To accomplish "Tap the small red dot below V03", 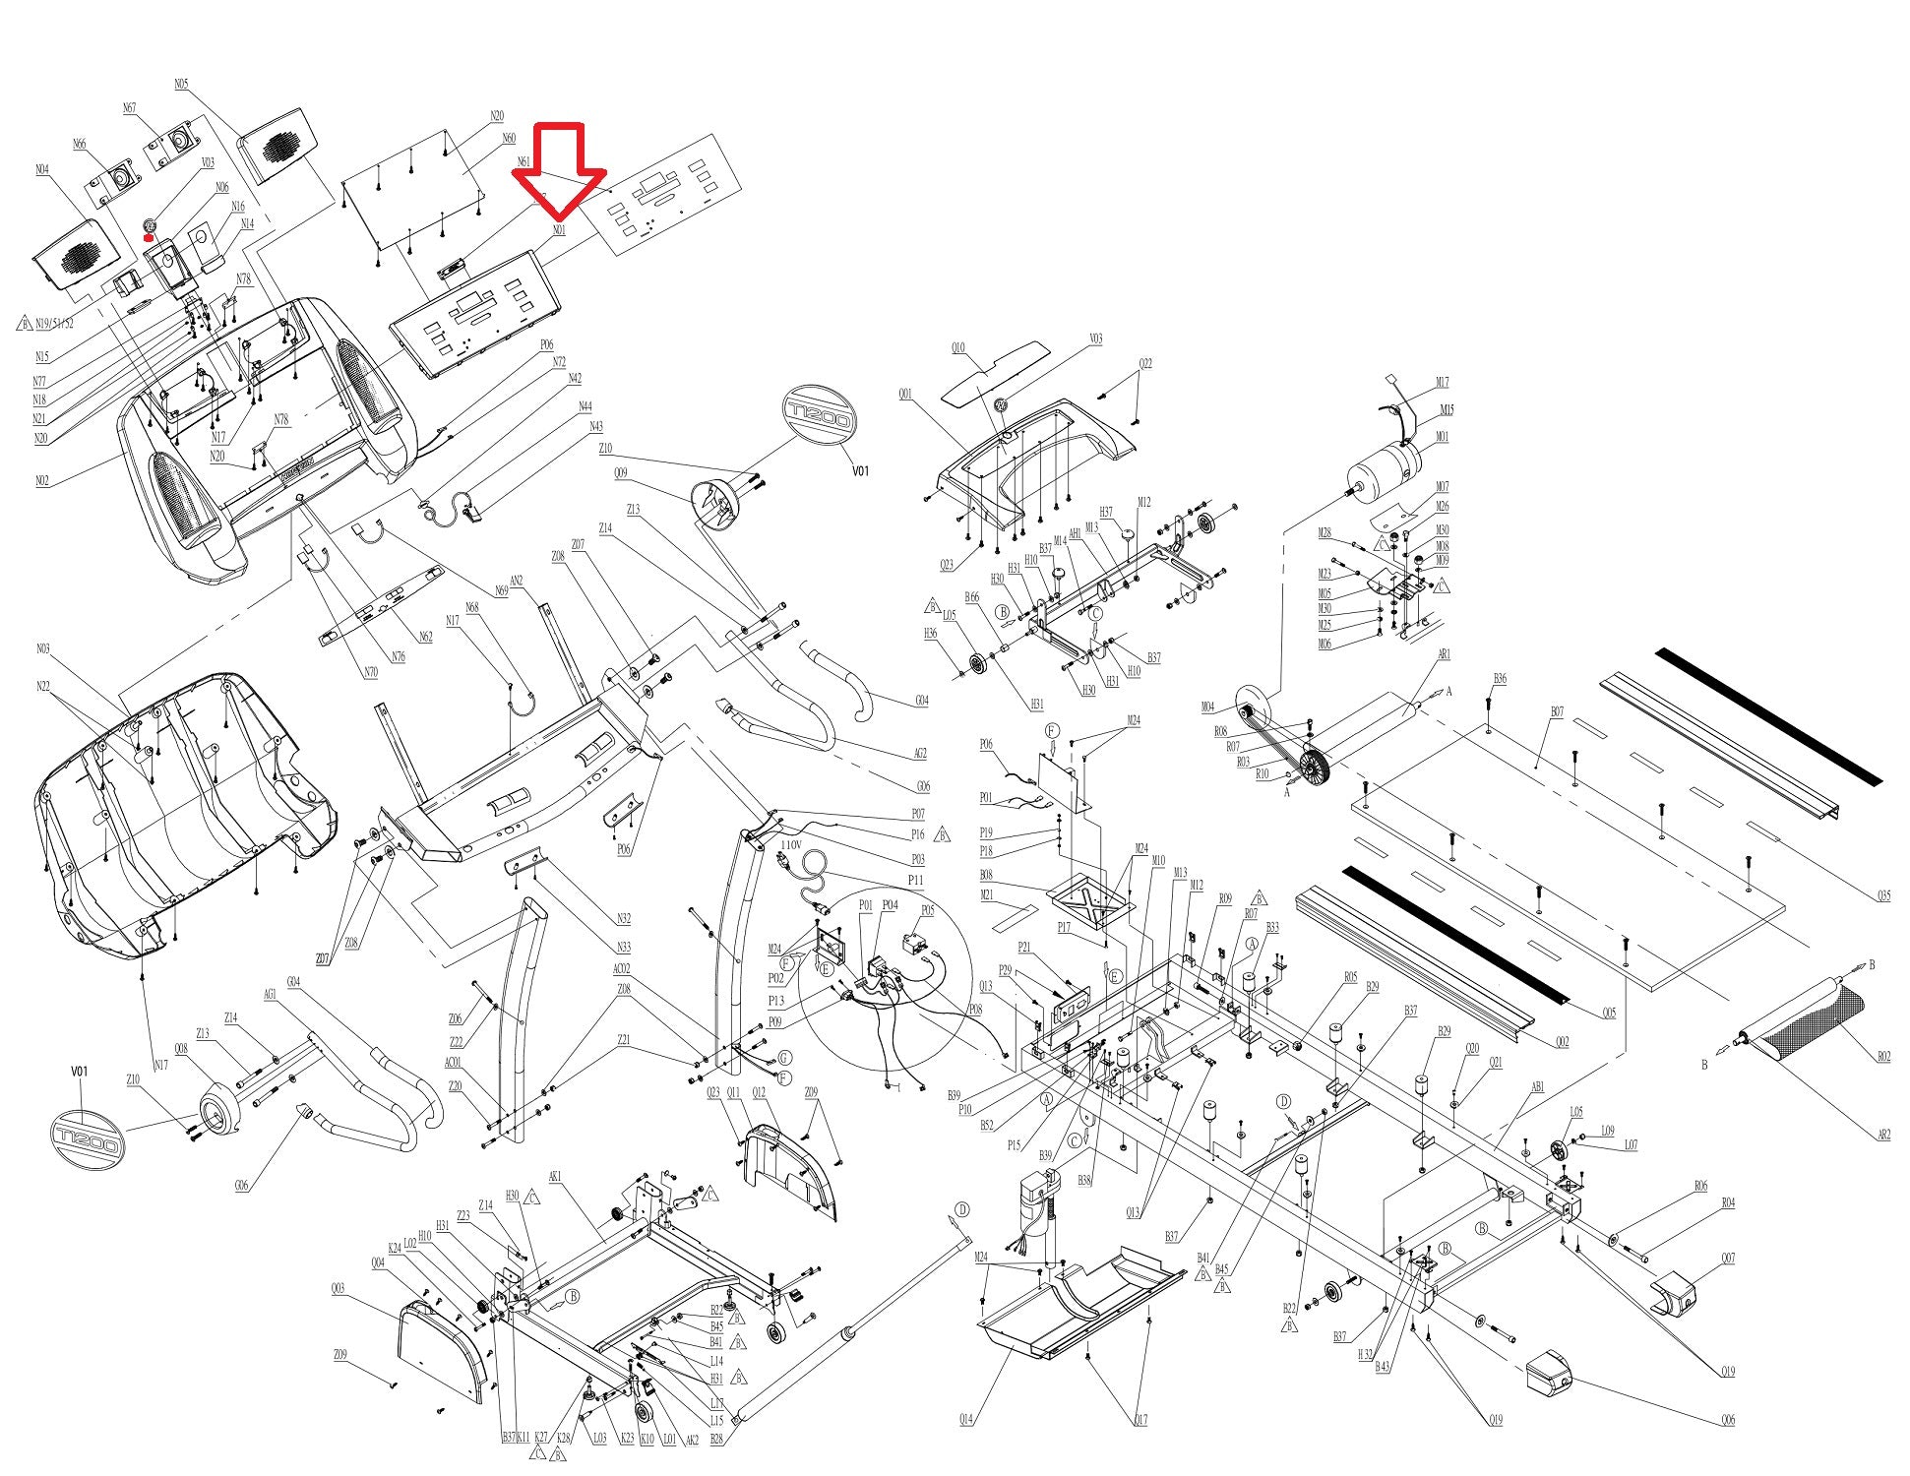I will [x=148, y=236].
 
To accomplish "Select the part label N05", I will [x=181, y=85].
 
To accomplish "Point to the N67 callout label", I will [x=129, y=108].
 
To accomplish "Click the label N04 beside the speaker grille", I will [x=42, y=170].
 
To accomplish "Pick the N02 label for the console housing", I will [x=42, y=481].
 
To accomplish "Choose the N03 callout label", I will [x=42, y=648].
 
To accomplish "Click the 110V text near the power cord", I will [x=790, y=844].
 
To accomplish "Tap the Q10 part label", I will [x=957, y=347].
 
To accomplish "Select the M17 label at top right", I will [x=1442, y=383].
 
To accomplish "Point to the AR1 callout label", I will [x=1444, y=654].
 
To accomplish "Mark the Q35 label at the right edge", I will [x=1882, y=895].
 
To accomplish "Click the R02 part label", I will [x=1882, y=1057].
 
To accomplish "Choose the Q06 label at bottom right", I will [x=1728, y=1420].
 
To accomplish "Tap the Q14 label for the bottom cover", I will [x=966, y=1420].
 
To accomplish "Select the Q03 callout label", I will [x=338, y=1288].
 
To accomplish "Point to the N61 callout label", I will [x=524, y=161].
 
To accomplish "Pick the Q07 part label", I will [x=1728, y=1259].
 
